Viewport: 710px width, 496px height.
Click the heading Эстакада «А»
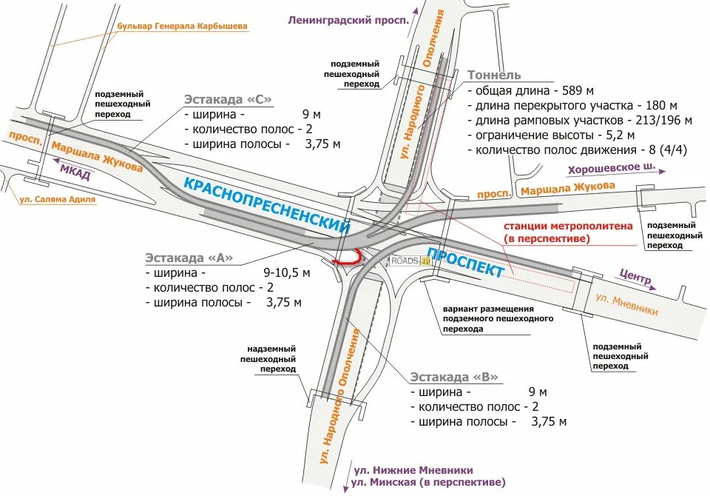pyautogui.click(x=189, y=258)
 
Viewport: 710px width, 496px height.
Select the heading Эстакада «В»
pyautogui.click(x=454, y=377)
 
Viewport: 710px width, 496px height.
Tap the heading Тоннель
pyautogui.click(x=494, y=75)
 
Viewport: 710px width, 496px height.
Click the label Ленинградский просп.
pyautogui.click(x=348, y=21)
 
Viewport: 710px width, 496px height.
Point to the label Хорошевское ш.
pyautogui.click(x=612, y=170)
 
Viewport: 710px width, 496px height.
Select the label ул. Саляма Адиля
pyautogui.click(x=57, y=199)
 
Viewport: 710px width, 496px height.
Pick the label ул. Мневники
pyautogui.click(x=626, y=305)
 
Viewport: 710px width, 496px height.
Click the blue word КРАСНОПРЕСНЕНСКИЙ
pyautogui.click(x=266, y=205)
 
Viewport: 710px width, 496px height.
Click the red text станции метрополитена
pyautogui.click(x=568, y=226)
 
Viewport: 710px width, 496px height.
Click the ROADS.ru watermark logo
pyautogui.click(x=409, y=261)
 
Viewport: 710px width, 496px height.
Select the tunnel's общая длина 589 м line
pyautogui.click(x=530, y=90)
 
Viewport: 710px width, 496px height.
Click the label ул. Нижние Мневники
pyautogui.click(x=413, y=470)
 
